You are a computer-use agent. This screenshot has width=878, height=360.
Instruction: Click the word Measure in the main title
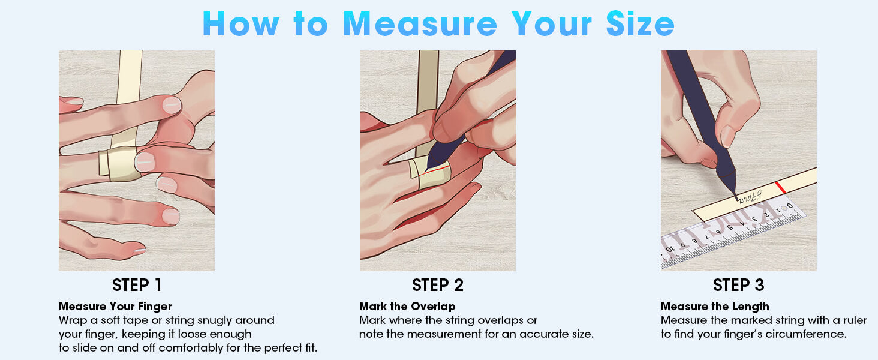click(x=420, y=24)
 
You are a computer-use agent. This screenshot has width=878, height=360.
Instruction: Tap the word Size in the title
click(x=640, y=24)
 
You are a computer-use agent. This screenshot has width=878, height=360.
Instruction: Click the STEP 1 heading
click(x=136, y=285)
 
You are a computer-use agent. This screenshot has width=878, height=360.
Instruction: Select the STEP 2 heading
click(x=437, y=285)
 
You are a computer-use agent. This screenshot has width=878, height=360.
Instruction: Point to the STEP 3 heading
click(x=738, y=285)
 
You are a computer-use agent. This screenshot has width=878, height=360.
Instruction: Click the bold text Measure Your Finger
click(x=115, y=306)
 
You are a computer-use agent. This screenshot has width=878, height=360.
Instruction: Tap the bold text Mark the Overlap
click(x=407, y=306)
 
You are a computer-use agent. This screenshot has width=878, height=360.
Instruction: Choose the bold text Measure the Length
click(x=715, y=306)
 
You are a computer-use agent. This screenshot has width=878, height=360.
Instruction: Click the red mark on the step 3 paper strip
click(x=780, y=187)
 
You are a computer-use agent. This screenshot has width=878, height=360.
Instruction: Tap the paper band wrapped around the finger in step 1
click(x=119, y=164)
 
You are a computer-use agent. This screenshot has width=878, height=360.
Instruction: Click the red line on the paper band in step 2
click(x=437, y=169)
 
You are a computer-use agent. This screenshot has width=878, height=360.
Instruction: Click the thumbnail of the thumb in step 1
click(x=145, y=162)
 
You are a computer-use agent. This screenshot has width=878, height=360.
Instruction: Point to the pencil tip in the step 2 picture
click(x=428, y=169)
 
